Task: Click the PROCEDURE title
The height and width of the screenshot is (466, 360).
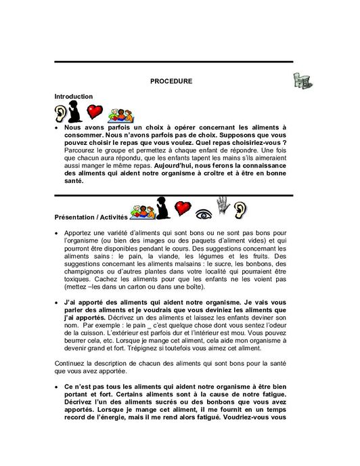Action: (x=171, y=81)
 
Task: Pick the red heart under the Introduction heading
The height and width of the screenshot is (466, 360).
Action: (x=95, y=112)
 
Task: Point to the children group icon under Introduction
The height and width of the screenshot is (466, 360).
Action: (x=116, y=113)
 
